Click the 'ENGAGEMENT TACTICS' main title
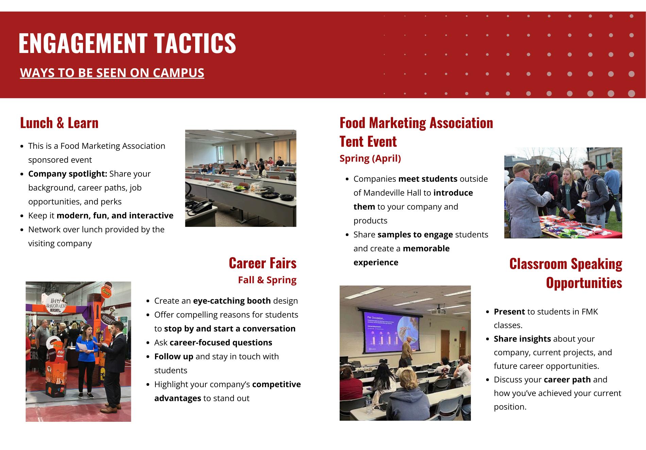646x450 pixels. coord(127,43)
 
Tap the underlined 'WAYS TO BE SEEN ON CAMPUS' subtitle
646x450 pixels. coord(112,73)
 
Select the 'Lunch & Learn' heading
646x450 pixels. coord(59,123)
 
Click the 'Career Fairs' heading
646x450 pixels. coord(262,263)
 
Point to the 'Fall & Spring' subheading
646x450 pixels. coord(267,280)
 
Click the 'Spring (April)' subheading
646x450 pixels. coord(370,159)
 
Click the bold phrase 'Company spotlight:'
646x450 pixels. coord(68,174)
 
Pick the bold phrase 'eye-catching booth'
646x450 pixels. coord(232,301)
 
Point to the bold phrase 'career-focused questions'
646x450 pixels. coord(221,343)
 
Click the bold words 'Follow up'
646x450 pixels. coord(174,357)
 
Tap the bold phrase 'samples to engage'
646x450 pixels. coord(415,235)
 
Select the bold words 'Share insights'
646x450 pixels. coord(522,339)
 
